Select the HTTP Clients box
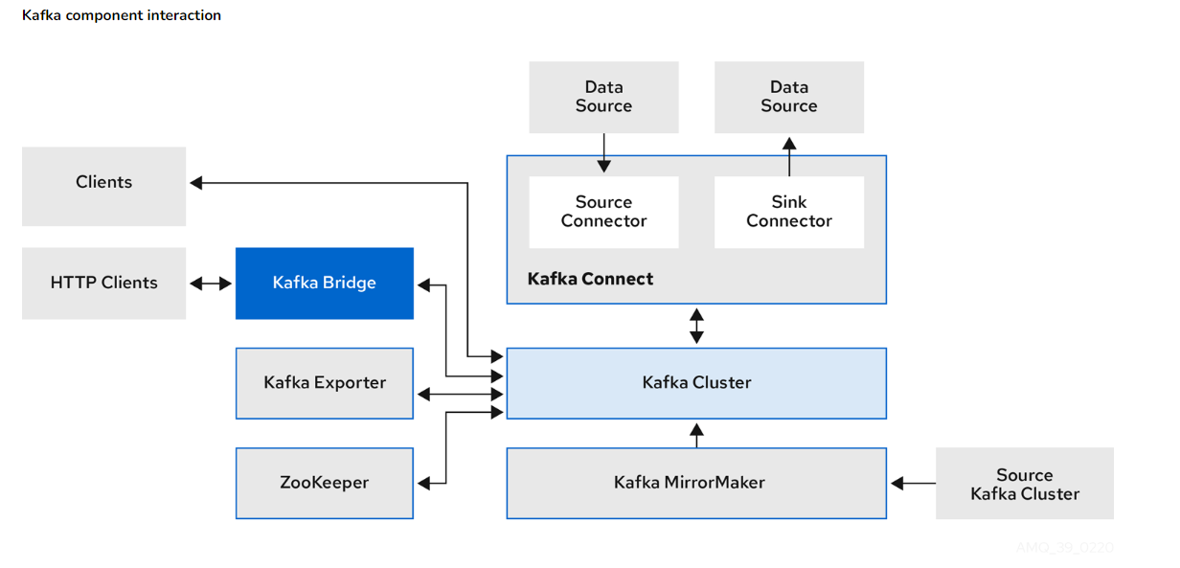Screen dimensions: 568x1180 103,283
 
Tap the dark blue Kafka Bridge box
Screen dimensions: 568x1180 324,283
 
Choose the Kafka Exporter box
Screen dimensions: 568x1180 324,382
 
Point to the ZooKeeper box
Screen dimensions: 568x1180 324,483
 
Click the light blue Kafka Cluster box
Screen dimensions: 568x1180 696,382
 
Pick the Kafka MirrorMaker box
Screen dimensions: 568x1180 696,483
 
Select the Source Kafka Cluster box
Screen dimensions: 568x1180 1024,484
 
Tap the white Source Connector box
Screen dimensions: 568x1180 603,212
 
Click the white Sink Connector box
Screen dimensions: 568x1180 789,212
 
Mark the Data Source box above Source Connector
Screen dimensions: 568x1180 603,97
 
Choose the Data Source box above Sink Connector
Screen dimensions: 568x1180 789,97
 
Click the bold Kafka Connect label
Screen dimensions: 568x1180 590,279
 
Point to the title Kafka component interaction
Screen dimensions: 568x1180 122,15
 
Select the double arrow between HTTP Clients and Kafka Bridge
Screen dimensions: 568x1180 211,284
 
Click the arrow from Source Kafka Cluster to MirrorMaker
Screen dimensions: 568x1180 912,484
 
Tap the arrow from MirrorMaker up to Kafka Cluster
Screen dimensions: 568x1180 697,435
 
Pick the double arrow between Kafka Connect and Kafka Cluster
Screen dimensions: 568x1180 697,326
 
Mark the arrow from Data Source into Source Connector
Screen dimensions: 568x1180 603,153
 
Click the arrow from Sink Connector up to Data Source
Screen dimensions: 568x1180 789,155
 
